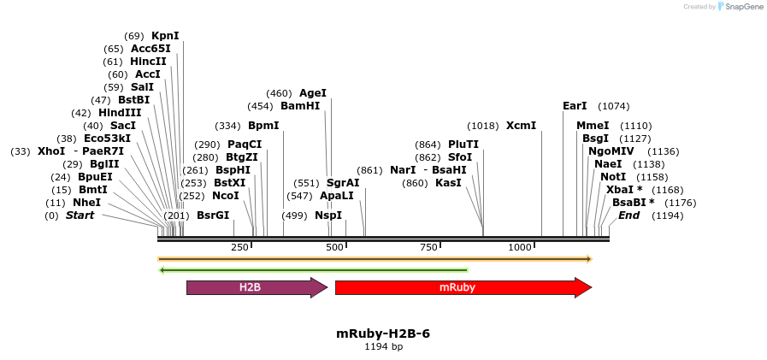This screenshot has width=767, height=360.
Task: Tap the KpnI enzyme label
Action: [x=165, y=36]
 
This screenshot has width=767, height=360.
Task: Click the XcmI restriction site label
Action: [x=521, y=126]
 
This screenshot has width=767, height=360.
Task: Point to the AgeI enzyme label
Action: [x=313, y=93]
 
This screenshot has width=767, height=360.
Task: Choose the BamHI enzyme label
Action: [x=300, y=106]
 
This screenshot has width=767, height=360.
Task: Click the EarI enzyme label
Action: [x=575, y=106]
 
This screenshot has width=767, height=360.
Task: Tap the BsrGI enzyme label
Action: [x=213, y=215]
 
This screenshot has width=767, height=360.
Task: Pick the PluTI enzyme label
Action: [x=463, y=145]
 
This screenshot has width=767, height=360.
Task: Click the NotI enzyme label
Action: [x=613, y=177]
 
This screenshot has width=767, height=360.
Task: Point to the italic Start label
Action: [x=80, y=215]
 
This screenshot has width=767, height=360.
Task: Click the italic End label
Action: [x=628, y=215]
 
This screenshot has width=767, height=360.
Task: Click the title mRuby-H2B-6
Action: [x=383, y=333]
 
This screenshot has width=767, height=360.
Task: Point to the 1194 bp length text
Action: [x=383, y=347]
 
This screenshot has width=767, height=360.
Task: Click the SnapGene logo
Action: [x=740, y=7]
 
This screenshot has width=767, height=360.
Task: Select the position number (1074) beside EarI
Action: [x=614, y=106]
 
